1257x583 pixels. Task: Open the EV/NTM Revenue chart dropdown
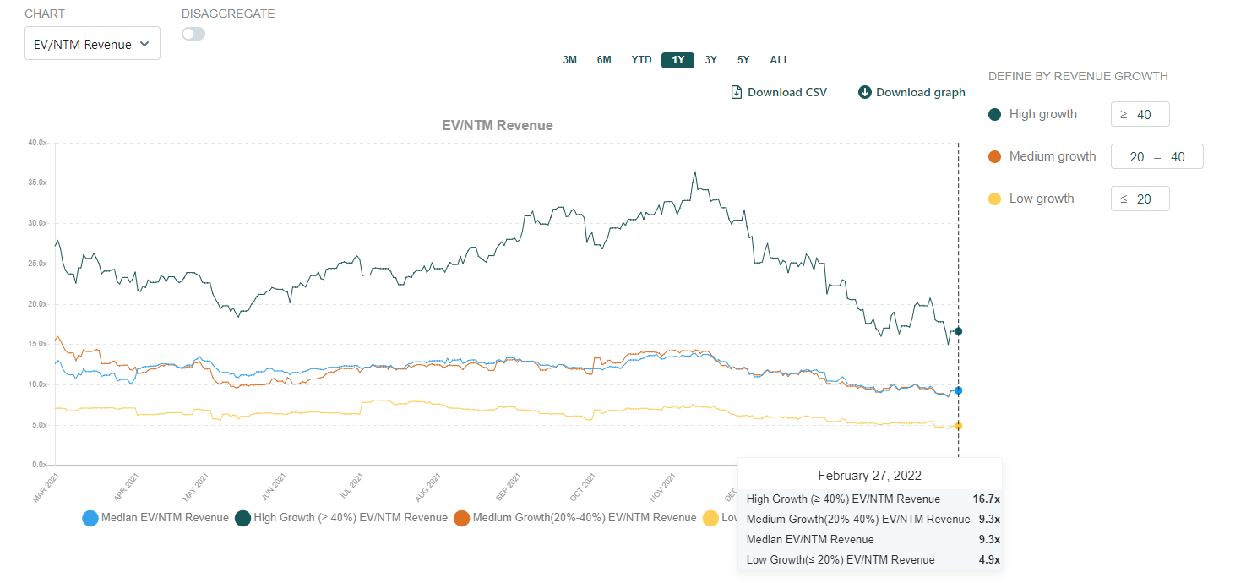click(x=92, y=44)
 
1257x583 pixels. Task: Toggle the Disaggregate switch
click(x=193, y=34)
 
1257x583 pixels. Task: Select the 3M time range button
click(x=570, y=60)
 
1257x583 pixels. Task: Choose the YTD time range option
click(x=641, y=60)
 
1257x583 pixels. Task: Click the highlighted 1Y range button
click(x=677, y=60)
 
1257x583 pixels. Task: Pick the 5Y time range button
click(x=743, y=60)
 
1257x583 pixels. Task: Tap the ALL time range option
click(x=779, y=60)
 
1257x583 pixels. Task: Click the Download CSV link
click(x=779, y=92)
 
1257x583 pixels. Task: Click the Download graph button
click(x=911, y=92)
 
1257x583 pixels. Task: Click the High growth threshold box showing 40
click(x=1140, y=114)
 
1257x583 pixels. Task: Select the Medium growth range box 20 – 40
click(x=1156, y=156)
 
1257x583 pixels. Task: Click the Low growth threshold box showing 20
click(x=1140, y=199)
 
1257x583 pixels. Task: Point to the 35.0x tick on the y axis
click(x=38, y=183)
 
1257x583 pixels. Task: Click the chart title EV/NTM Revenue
click(x=498, y=125)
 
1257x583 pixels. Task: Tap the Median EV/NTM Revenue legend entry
click(x=155, y=517)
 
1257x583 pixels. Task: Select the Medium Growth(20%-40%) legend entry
click(x=574, y=517)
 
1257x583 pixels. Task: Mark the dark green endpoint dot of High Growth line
click(x=958, y=331)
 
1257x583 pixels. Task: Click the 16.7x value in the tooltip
click(x=986, y=499)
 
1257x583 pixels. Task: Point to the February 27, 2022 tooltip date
click(x=869, y=476)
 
